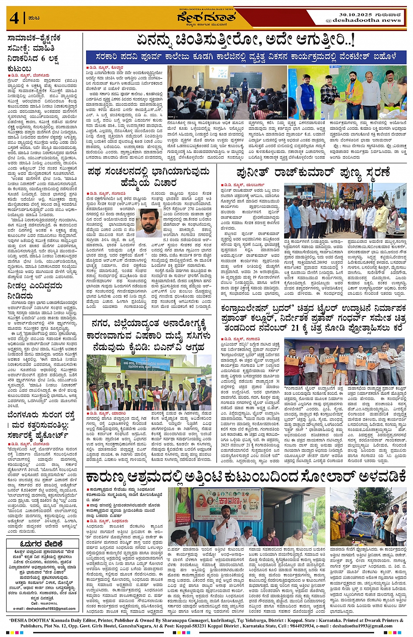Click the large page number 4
14,18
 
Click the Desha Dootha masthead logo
206,18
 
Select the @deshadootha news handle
363,20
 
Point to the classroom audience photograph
227,93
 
